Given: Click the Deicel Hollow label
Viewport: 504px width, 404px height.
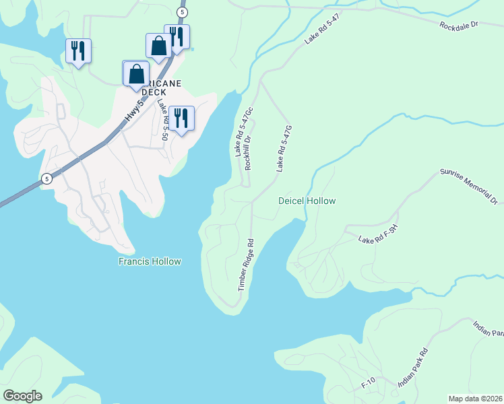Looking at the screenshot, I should click(307, 201).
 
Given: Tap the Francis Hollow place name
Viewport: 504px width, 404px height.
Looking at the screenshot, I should click(149, 261).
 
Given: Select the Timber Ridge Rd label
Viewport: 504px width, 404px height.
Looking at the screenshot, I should click(245, 265).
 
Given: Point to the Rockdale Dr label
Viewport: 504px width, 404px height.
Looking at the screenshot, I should click(458, 26).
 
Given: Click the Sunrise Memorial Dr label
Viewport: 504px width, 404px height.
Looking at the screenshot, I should click(468, 187).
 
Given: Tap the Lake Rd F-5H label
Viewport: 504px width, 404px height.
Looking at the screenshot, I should click(379, 236).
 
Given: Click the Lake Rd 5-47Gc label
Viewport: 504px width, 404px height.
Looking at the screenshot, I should click(243, 132).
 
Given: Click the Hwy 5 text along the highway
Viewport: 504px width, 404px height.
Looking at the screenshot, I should click(135, 112).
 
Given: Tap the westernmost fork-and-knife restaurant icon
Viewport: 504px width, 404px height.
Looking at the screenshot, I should click(78, 50).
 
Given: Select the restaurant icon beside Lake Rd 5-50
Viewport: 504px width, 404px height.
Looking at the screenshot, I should click(181, 118).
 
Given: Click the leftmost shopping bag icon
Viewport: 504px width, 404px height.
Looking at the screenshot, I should click(135, 73).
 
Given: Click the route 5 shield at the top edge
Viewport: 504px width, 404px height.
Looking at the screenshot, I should click(181, 13).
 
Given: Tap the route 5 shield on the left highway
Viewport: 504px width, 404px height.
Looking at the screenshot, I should click(46, 178).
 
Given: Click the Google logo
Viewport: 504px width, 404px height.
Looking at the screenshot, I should click(22, 396).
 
